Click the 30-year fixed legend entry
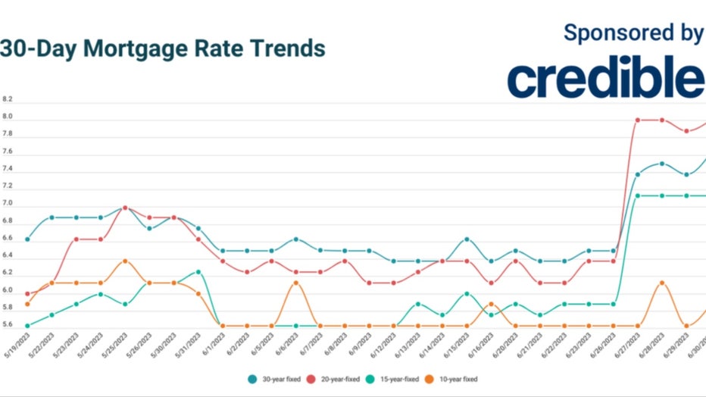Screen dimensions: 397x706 [x=273, y=378]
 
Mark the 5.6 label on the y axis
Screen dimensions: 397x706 [x=8, y=325]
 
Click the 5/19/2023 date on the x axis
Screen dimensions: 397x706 [x=17, y=348]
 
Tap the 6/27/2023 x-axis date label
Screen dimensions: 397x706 [x=628, y=348]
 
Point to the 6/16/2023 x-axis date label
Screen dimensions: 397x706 [x=482, y=348]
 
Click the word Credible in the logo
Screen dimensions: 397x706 [x=606, y=78]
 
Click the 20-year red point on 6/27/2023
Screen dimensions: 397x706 [x=638, y=120]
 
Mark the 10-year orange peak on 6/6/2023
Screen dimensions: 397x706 [x=295, y=283]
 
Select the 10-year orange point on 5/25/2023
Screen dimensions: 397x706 [x=125, y=261]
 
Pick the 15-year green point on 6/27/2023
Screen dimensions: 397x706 [x=638, y=195]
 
